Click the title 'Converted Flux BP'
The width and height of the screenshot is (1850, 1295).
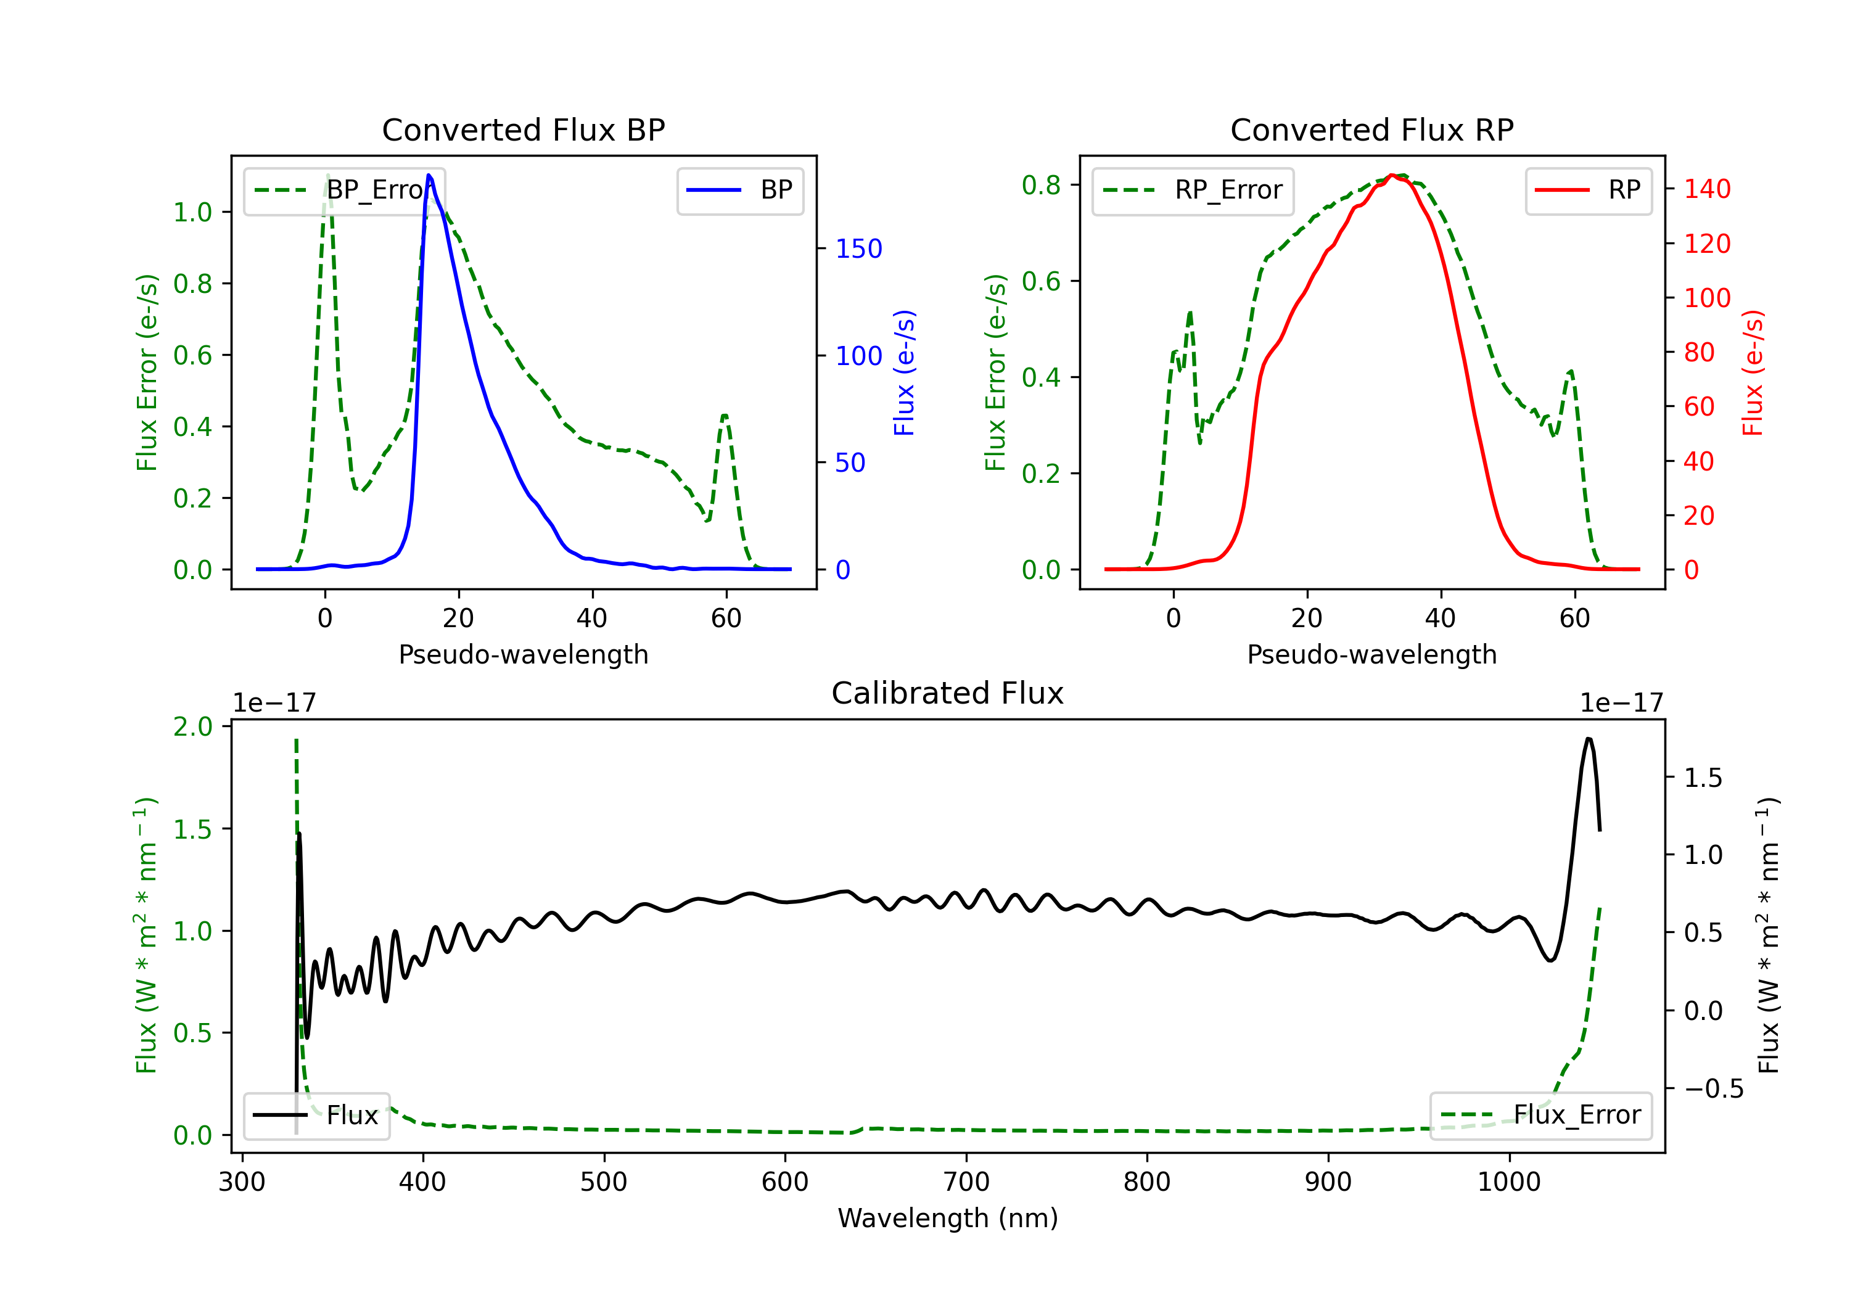tap(523, 129)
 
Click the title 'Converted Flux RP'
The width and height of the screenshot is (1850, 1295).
tap(1371, 129)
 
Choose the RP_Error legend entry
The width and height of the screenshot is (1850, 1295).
tap(1193, 190)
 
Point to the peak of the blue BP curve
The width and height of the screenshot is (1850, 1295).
tap(429, 175)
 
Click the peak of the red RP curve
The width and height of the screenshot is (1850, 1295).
tap(1392, 175)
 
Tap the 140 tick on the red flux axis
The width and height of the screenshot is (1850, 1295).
tap(1706, 189)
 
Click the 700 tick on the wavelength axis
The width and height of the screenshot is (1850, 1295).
tap(966, 1182)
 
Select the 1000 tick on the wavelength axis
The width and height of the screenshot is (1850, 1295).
tap(1508, 1182)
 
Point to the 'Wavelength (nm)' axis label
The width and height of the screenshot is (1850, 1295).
tap(948, 1218)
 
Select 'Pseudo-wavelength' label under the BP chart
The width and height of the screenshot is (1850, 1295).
tap(523, 654)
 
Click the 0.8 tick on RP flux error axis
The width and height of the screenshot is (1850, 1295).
tap(1041, 186)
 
